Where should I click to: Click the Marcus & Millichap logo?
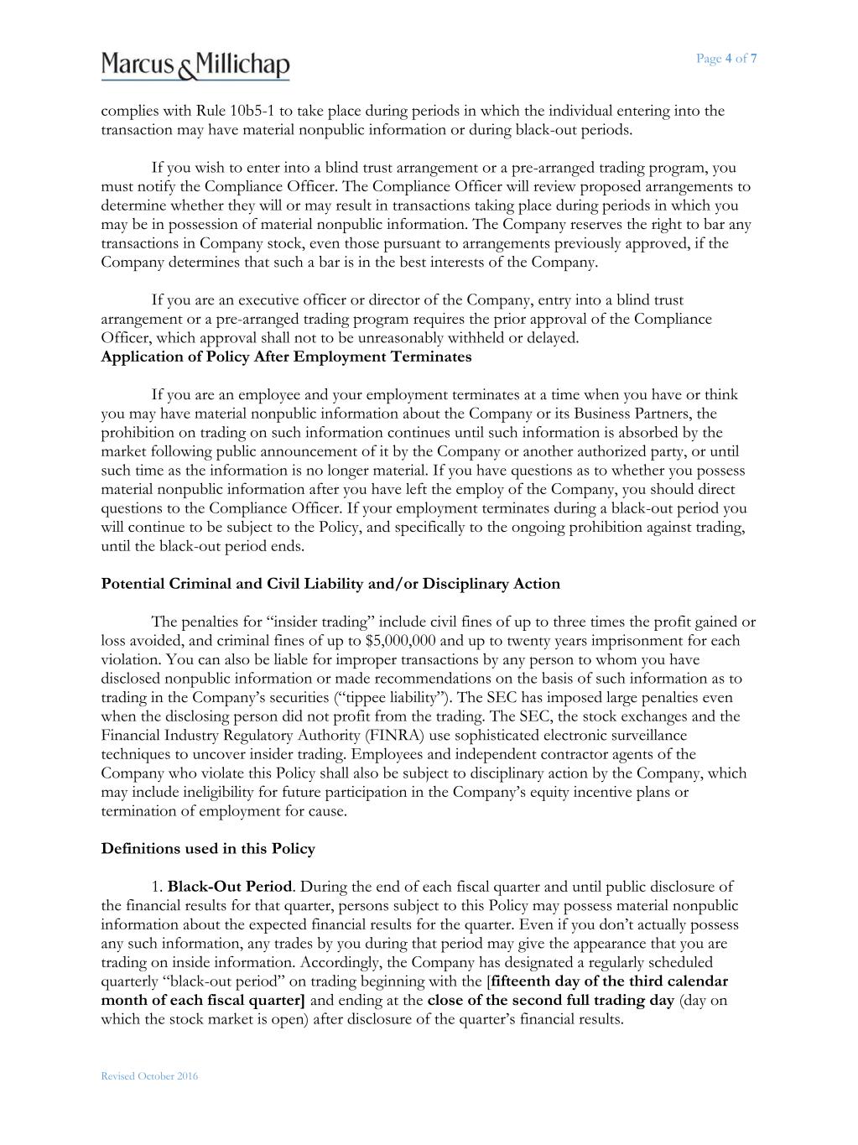(195, 65)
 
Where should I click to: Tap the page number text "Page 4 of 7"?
(726, 58)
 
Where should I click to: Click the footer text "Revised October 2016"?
(149, 1076)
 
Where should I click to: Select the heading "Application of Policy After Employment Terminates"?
(286, 357)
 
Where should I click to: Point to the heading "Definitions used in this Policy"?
(208, 849)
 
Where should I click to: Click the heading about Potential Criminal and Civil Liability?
(330, 584)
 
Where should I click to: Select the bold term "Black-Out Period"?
(230, 887)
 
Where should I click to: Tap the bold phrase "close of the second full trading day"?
(550, 1000)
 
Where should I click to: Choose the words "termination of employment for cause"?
(224, 811)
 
